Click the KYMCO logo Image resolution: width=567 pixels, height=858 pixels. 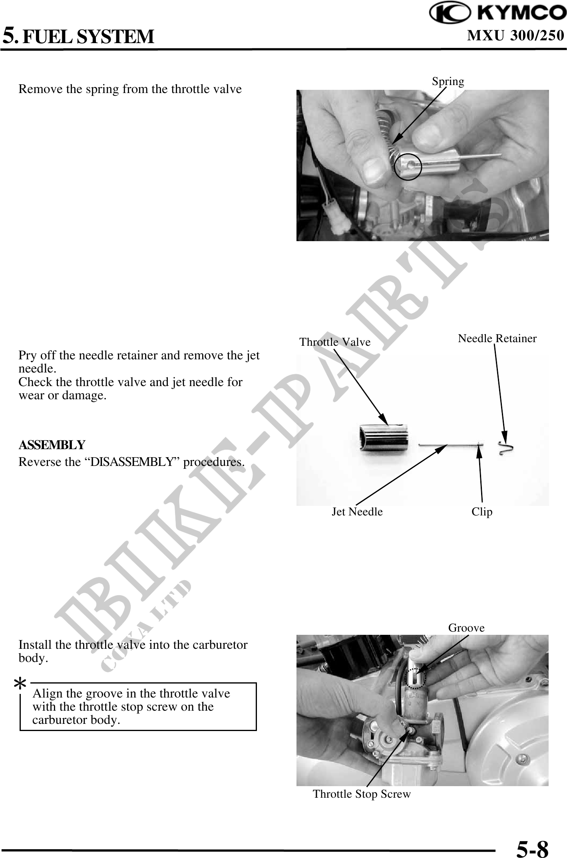[x=497, y=14]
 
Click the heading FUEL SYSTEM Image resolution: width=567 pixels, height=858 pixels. [x=88, y=37]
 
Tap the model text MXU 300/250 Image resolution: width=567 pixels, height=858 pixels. [x=515, y=36]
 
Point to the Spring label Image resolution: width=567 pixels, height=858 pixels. [x=448, y=82]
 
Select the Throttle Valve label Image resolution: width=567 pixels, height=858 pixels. [x=335, y=342]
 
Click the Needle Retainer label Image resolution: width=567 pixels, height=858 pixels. [x=497, y=339]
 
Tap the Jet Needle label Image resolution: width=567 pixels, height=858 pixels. [x=357, y=511]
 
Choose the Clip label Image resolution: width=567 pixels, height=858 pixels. [x=482, y=511]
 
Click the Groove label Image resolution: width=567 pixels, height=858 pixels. [x=466, y=628]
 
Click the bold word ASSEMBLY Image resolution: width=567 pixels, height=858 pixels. [x=52, y=445]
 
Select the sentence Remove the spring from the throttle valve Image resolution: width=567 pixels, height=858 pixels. [x=130, y=89]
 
